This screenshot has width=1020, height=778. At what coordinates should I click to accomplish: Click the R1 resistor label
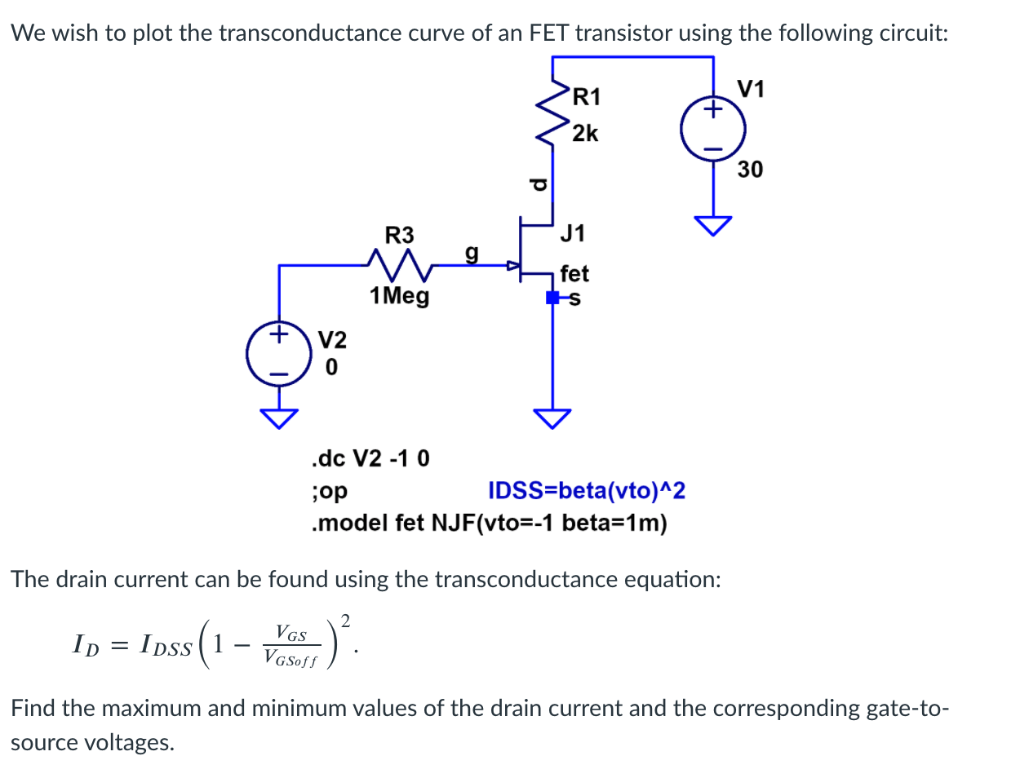[x=586, y=97]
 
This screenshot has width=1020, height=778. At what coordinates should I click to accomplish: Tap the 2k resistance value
[x=585, y=133]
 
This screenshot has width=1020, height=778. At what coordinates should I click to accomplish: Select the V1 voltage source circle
[x=713, y=130]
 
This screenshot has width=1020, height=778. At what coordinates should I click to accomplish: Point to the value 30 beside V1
[x=750, y=170]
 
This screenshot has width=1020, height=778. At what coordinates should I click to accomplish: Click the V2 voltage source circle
[x=279, y=354]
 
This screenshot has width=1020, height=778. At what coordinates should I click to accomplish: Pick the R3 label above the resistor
[x=399, y=236]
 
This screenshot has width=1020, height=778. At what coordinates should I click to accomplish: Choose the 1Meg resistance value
[x=399, y=295]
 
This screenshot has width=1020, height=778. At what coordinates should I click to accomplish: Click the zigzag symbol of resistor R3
[x=399, y=264]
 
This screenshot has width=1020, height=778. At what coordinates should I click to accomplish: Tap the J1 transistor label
[x=573, y=234]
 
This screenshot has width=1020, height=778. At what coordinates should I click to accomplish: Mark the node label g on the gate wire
[x=471, y=253]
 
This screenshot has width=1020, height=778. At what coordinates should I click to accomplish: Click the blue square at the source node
[x=552, y=298]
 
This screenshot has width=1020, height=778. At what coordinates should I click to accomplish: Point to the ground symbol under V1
[x=713, y=226]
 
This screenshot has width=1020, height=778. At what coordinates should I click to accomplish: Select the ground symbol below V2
[x=279, y=418]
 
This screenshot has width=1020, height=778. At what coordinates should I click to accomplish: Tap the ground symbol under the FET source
[x=552, y=418]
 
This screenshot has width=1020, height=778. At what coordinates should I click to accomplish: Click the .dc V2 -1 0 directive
[x=370, y=458]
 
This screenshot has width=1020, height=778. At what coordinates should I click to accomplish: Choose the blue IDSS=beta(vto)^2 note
[x=586, y=491]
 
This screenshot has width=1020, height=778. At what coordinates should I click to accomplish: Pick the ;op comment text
[x=329, y=491]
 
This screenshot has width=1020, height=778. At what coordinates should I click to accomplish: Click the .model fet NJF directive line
[x=489, y=523]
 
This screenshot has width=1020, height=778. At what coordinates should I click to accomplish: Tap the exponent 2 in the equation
[x=345, y=621]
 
